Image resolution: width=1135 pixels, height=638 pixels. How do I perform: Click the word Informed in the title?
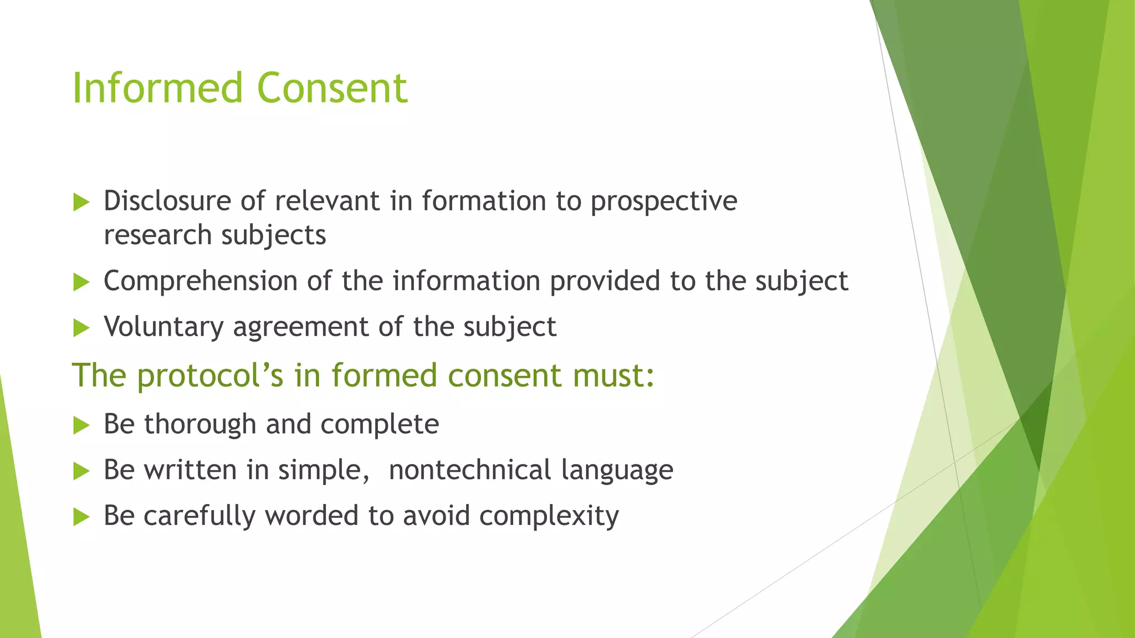click(x=158, y=88)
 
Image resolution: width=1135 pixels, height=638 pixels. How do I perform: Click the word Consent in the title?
click(x=333, y=88)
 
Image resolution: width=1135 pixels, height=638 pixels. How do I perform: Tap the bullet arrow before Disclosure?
click(x=81, y=202)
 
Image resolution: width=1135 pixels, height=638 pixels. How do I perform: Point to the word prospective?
click(x=664, y=202)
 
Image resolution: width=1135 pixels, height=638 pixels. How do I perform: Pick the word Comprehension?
click(x=201, y=281)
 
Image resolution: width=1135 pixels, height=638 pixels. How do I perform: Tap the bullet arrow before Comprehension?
click(x=81, y=282)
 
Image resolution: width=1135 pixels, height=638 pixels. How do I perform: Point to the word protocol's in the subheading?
click(x=210, y=376)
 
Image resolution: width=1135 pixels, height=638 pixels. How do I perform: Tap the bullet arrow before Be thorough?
click(x=81, y=426)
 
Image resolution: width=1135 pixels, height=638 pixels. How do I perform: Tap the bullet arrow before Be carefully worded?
click(x=81, y=517)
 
